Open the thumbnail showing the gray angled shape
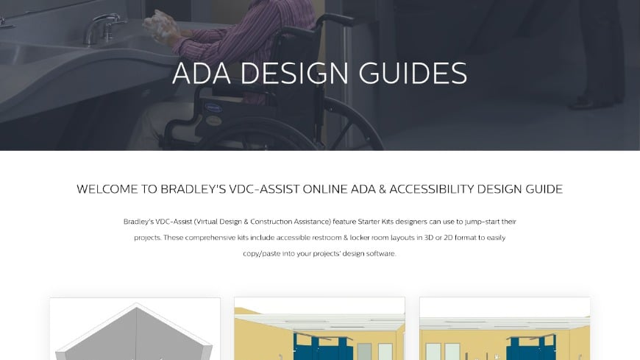(x=135, y=329)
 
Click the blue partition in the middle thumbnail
(x=319, y=342)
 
